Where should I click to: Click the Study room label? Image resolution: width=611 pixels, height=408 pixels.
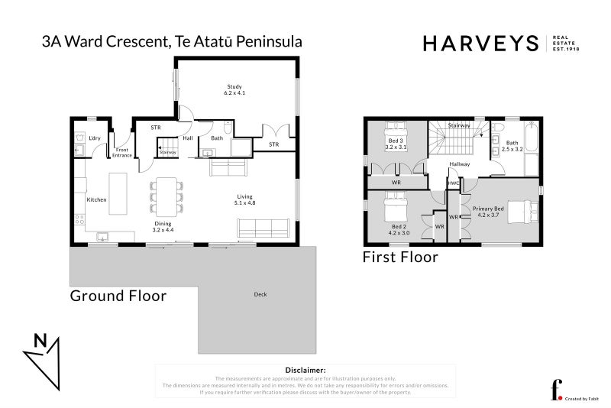(234, 86)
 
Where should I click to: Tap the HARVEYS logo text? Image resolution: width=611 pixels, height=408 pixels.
(480, 44)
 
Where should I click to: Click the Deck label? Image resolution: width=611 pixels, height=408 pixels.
(261, 294)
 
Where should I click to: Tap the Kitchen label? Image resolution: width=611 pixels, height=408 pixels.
(96, 199)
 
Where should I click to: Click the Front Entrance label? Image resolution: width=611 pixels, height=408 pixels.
(123, 153)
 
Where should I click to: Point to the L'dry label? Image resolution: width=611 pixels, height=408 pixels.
(95, 138)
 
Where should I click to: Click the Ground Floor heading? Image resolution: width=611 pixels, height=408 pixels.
(118, 296)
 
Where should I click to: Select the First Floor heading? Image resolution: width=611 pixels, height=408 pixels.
(400, 257)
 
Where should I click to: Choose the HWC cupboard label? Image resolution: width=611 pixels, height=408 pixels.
(454, 183)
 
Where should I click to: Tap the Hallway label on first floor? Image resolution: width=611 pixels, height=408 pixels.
(459, 164)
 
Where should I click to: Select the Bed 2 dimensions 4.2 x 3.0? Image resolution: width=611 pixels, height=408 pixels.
(396, 232)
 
